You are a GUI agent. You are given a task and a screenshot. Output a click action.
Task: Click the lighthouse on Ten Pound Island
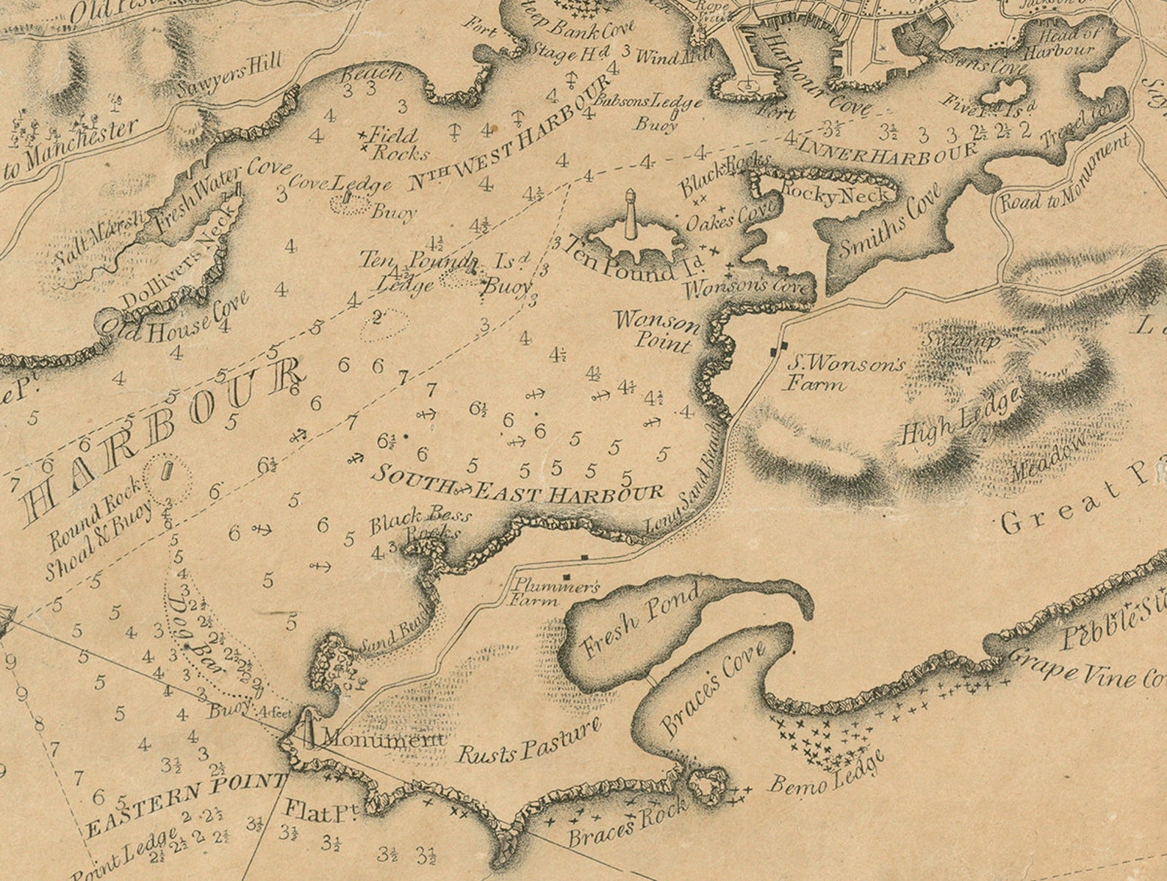630,215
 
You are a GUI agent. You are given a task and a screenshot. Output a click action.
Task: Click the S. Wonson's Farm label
845,373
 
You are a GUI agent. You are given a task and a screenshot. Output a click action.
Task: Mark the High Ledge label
961,415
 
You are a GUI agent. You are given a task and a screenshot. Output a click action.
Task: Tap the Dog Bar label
190,629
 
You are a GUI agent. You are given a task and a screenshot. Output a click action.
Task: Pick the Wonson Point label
656,331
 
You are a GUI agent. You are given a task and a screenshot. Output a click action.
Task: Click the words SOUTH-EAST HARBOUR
517,485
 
